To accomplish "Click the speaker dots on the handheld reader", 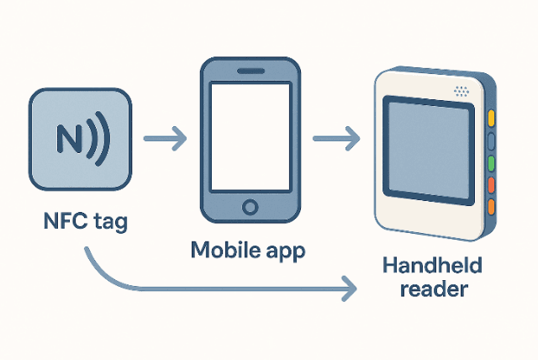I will (462, 90).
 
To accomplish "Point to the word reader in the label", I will (434, 290).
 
